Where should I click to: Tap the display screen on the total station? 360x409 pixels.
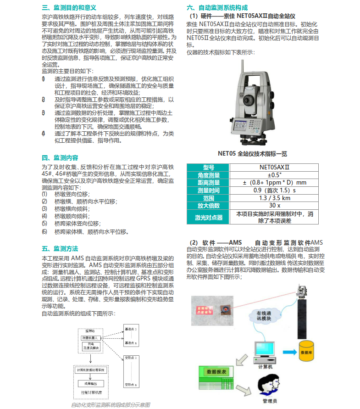pyautogui.click(x=246, y=126)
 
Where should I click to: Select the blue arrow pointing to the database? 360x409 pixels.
pyautogui.click(x=288, y=352)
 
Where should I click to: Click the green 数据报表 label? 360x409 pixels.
pyautogui.click(x=216, y=370)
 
